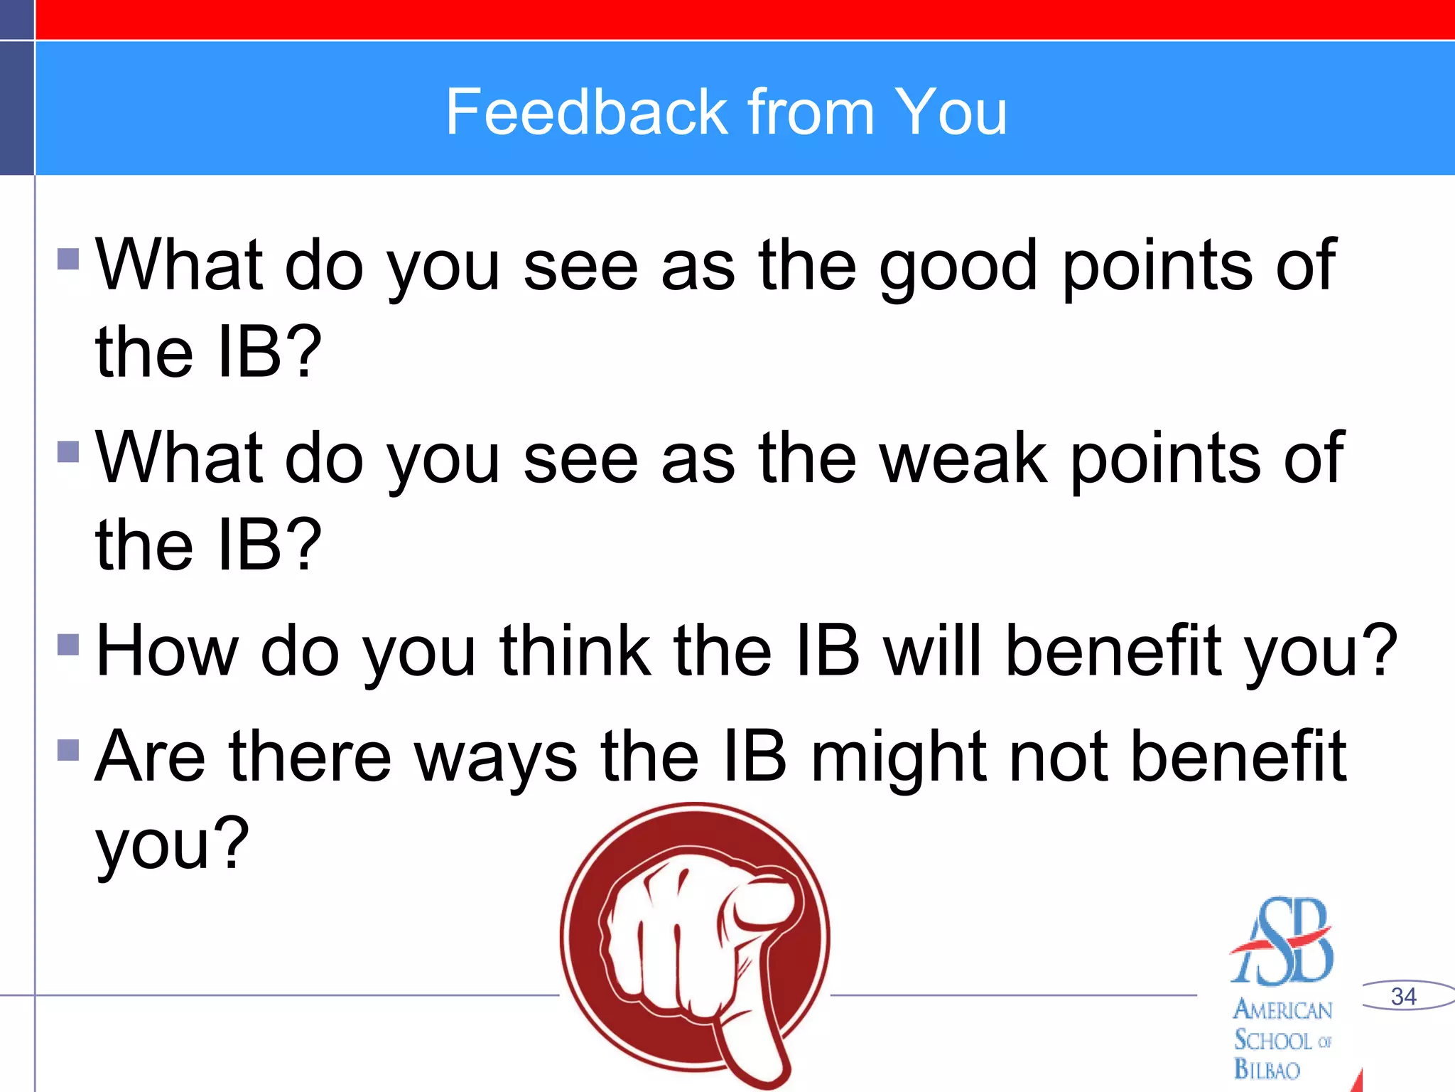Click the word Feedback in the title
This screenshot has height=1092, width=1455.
click(587, 112)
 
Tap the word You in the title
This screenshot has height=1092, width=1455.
click(951, 112)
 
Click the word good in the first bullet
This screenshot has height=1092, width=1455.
click(958, 267)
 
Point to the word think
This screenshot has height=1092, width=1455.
click(575, 651)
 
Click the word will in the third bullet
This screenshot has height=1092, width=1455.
click(933, 651)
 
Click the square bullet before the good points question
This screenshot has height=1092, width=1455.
click(68, 259)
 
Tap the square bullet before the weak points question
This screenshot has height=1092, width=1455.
click(68, 451)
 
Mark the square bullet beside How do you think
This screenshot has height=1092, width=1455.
click(68, 644)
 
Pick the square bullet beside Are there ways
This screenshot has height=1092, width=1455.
click(68, 750)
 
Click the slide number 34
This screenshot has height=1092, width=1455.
click(1404, 996)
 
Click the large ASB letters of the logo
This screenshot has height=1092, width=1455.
click(1282, 942)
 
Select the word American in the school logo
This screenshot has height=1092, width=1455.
click(1282, 1010)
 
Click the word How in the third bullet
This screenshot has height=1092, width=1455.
click(168, 651)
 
